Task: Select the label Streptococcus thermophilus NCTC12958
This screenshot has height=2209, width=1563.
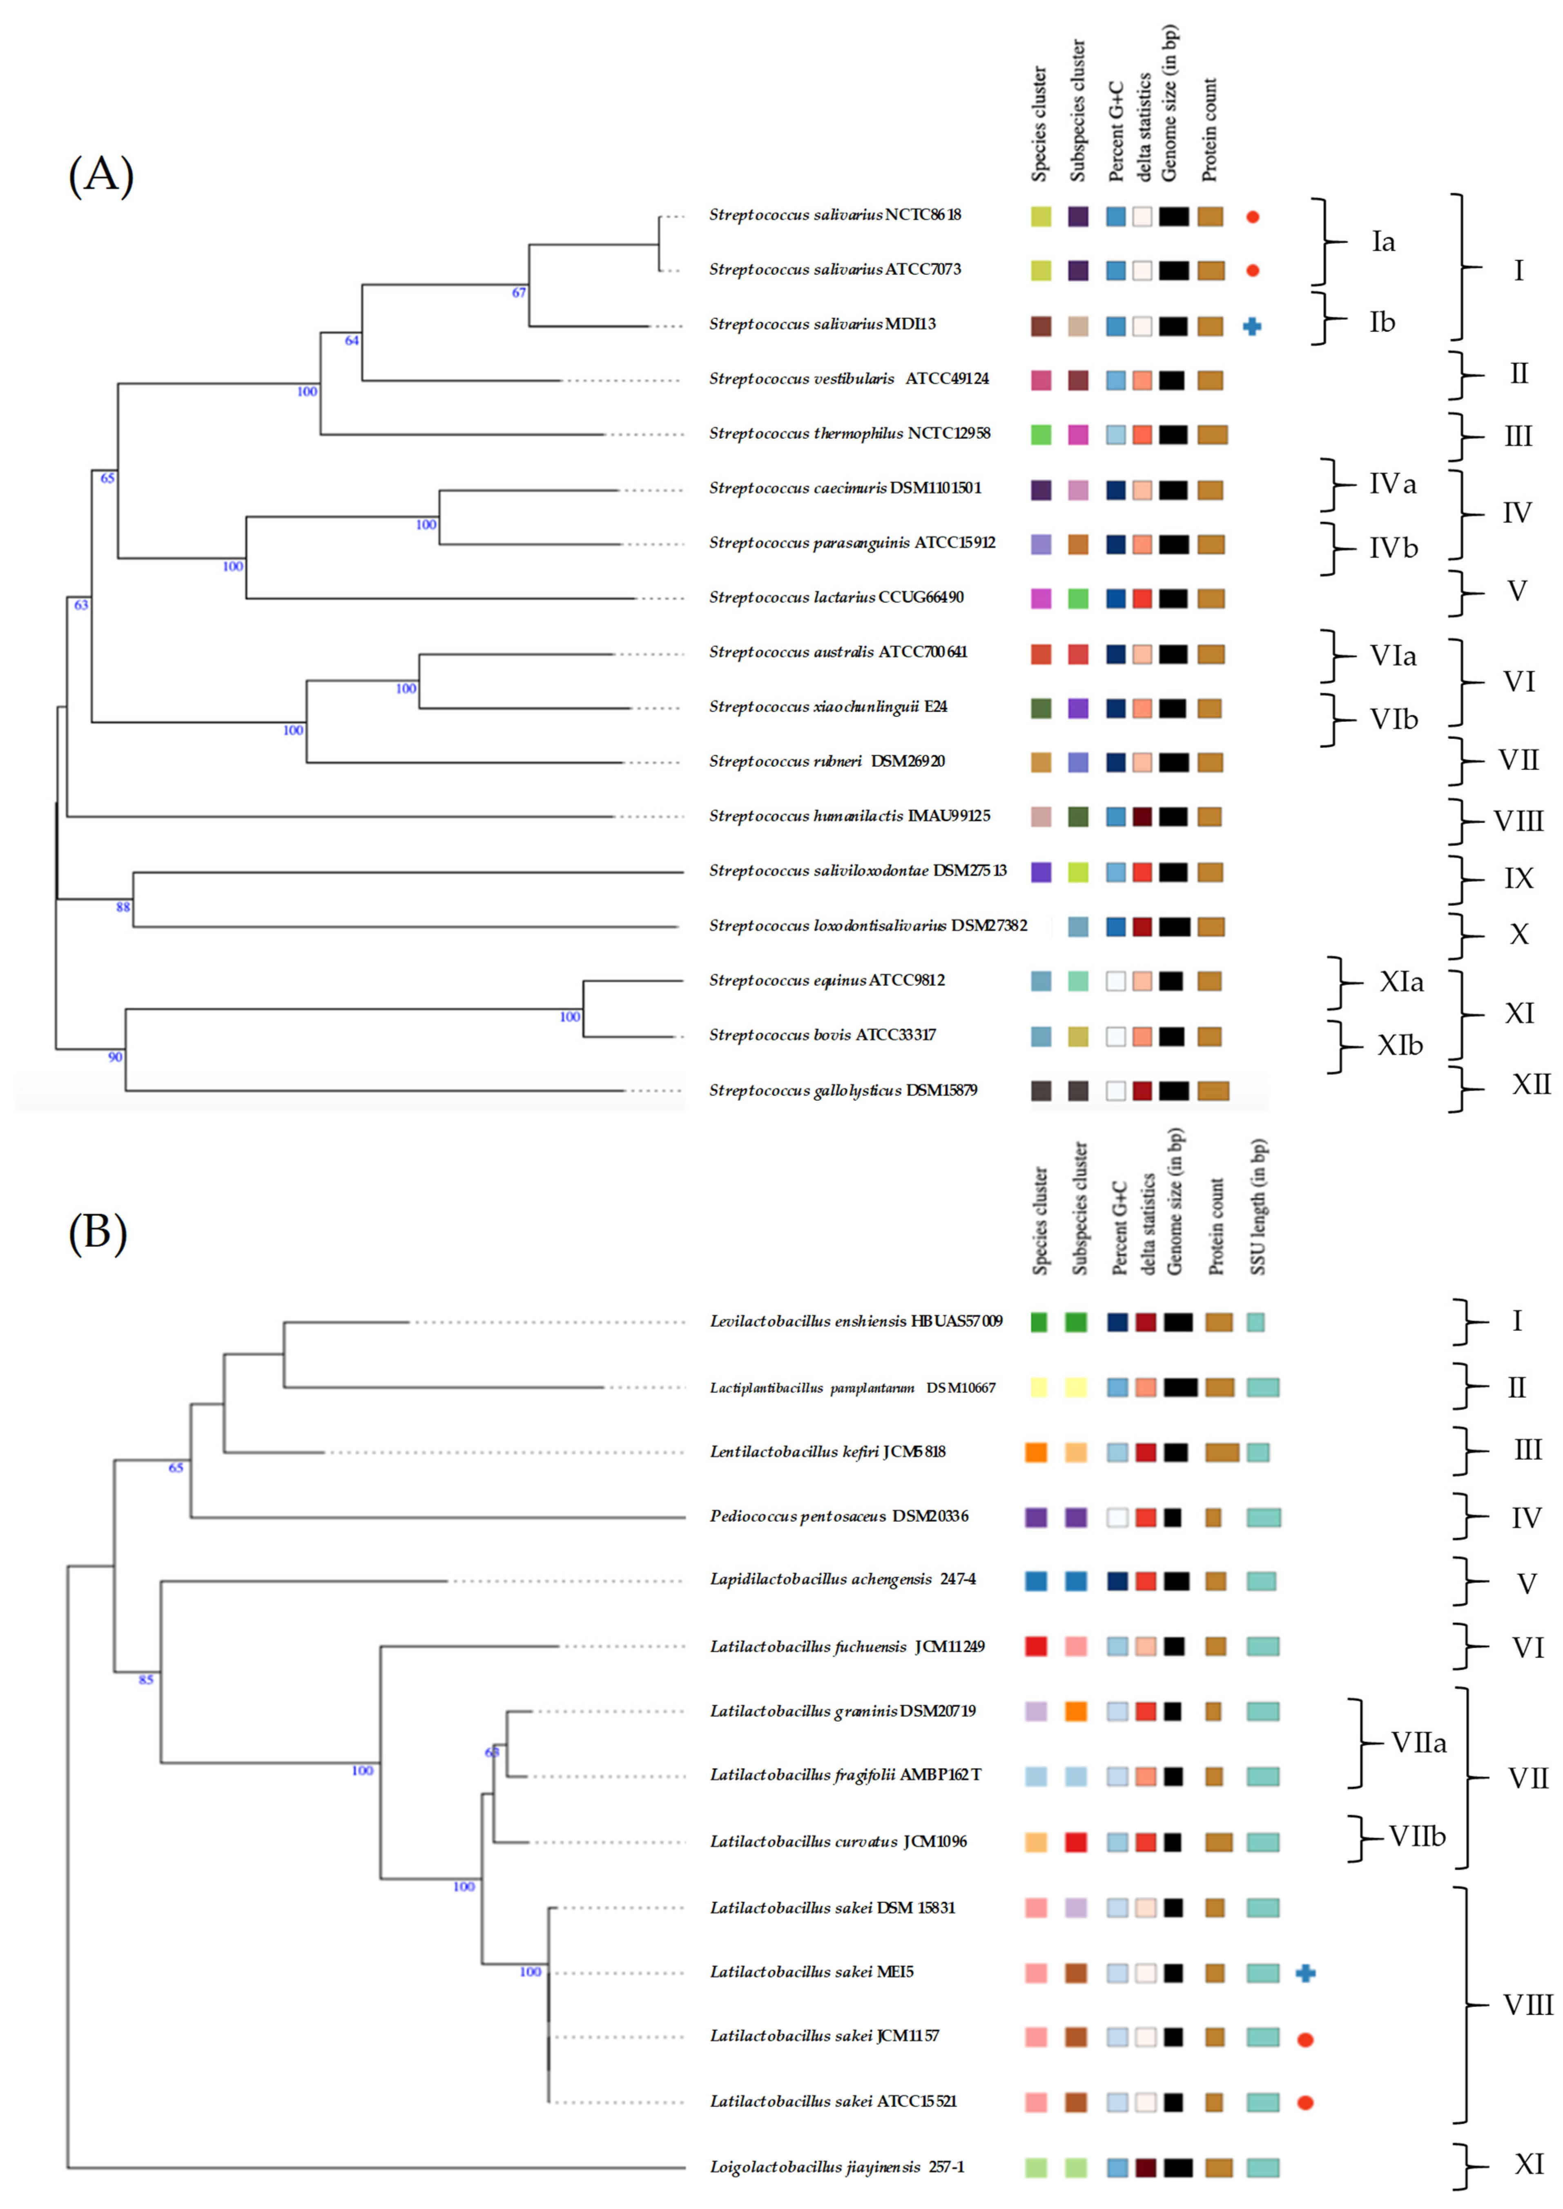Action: click(849, 434)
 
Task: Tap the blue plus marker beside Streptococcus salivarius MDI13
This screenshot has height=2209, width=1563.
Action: click(1251, 326)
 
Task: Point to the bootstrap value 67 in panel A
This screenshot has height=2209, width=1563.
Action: click(519, 292)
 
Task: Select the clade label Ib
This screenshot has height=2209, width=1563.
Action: click(1382, 322)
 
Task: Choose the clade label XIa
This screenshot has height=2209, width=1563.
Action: click(1400, 981)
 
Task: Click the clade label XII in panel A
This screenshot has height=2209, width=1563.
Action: click(1530, 1084)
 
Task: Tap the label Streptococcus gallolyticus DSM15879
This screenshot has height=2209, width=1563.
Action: click(843, 1090)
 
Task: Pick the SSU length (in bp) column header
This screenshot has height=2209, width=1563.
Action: click(1258, 1206)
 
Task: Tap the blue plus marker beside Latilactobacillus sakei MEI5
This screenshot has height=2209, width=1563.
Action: click(1305, 1973)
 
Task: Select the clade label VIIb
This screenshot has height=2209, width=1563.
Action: click(1417, 1837)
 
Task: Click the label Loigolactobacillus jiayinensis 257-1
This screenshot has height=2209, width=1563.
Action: click(836, 2167)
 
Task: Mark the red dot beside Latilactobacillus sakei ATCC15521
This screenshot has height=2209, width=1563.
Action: click(1305, 2102)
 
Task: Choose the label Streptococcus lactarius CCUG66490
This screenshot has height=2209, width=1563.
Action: click(836, 598)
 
